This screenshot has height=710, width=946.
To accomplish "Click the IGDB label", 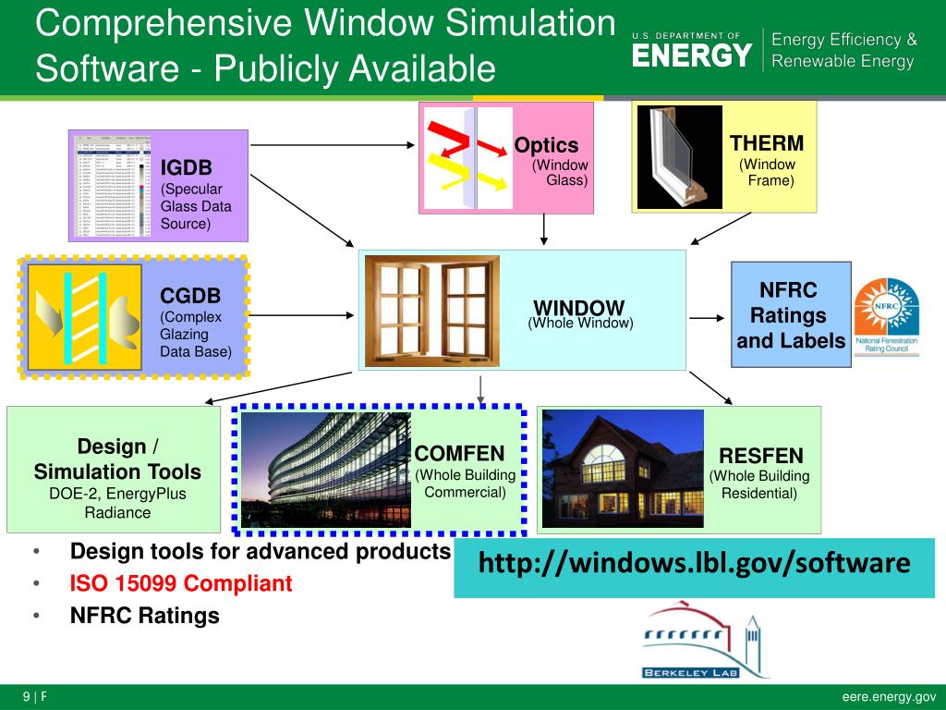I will [x=187, y=167].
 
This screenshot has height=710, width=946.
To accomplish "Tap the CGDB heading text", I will [x=190, y=296].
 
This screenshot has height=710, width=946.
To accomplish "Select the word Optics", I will [x=546, y=145].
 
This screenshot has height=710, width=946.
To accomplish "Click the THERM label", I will [x=767, y=143].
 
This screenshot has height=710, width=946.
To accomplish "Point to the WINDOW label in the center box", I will [x=579, y=308].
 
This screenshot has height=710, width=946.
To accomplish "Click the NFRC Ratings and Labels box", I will [x=790, y=315].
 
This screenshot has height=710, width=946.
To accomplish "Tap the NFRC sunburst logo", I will [x=886, y=311].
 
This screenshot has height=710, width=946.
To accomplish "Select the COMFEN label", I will [x=459, y=453].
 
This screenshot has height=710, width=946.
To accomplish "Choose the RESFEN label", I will [x=760, y=455].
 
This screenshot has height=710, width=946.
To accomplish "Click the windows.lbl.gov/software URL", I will [x=694, y=562].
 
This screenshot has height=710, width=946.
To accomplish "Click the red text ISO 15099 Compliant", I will [x=181, y=583].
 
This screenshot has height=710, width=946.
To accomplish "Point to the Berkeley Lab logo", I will [x=706, y=643].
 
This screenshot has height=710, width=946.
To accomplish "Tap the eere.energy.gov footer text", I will [x=889, y=697].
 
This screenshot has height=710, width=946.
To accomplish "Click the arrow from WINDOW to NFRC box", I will [x=708, y=318].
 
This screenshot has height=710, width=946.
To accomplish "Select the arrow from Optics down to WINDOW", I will [x=544, y=230].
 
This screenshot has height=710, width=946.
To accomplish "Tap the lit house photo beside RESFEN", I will [x=622, y=469].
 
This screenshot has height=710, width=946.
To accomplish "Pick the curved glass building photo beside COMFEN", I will [x=325, y=469].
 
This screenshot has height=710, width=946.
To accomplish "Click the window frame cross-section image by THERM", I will [x=679, y=156].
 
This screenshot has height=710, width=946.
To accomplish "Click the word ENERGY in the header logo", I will [x=691, y=55].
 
